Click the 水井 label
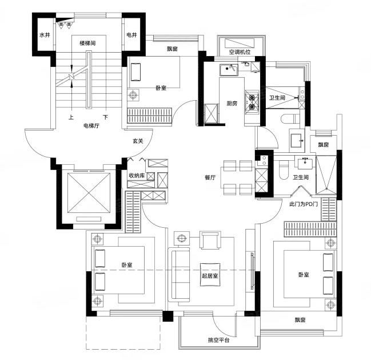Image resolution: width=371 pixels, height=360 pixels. pos(45,35)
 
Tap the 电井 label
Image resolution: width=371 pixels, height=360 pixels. pos(132,35)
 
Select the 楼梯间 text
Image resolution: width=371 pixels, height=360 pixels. pos(87,43)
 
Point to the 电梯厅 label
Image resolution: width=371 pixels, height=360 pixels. pos(91,126)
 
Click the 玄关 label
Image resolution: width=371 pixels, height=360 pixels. pos(138,141)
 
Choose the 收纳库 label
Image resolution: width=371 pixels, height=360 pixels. pos(137,176)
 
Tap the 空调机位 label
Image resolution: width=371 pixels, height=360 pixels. pos(240,52)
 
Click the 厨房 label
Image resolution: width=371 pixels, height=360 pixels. pos(232,103)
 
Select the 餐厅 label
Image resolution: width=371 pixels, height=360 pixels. pos(210,177)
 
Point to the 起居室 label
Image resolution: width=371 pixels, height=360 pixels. pos(210,276)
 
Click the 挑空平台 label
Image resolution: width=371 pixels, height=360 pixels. pos(218,340)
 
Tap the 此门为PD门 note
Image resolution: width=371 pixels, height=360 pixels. pos(304,204)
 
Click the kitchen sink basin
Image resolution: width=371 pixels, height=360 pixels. pos(229,70)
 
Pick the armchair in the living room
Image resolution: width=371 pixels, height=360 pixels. pos(210,240)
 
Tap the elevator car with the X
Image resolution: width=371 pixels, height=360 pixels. pos(89,193)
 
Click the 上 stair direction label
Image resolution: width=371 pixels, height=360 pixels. pos(71,117)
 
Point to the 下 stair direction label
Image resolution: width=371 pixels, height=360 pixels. pos(106,117)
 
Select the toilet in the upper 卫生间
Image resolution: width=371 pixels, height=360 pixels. pos(291,118)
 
